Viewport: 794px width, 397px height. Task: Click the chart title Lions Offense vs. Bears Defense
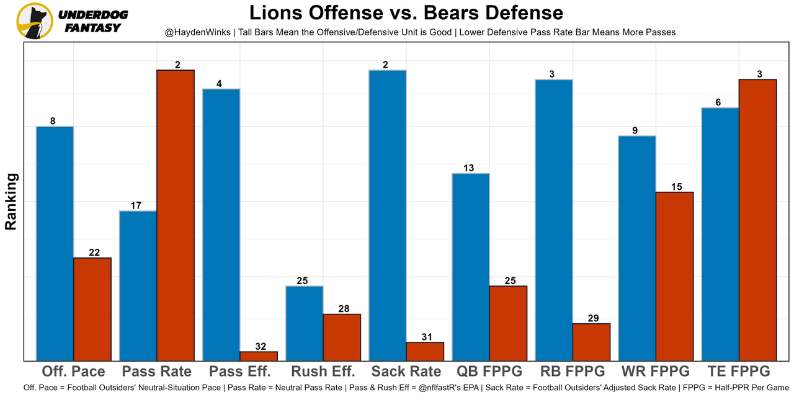[406, 13]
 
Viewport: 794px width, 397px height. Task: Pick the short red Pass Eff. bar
[259, 356]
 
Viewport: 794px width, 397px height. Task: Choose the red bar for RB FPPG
[591, 342]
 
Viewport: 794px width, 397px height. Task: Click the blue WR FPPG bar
[637, 248]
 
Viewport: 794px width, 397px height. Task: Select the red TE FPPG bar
[757, 220]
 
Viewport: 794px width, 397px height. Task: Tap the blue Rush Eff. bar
[304, 323]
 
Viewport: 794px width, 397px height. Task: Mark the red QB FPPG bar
[508, 323]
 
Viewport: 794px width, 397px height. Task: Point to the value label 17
[138, 206]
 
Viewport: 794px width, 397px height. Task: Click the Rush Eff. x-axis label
[323, 372]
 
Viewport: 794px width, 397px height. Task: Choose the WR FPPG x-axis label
[656, 372]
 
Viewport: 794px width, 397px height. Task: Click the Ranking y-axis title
[11, 202]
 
